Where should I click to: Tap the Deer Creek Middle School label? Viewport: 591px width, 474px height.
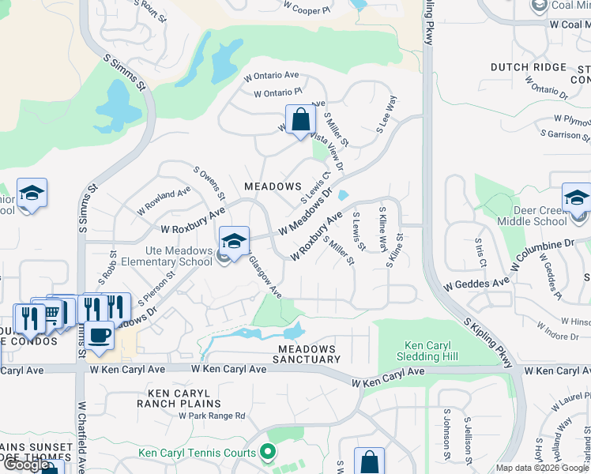pyautogui.click(x=533, y=216)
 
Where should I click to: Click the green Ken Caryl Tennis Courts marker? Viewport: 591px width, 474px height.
pyautogui.click(x=268, y=452)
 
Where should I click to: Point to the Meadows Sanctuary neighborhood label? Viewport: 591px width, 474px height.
pyautogui.click(x=306, y=354)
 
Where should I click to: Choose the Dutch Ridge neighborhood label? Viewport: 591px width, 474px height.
pyautogui.click(x=529, y=68)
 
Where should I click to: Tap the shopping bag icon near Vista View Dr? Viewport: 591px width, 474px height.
pyautogui.click(x=301, y=122)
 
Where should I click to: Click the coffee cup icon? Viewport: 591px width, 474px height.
pyautogui.click(x=100, y=335)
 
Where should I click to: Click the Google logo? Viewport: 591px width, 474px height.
pyautogui.click(x=27, y=465)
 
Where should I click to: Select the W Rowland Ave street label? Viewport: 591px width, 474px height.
pyautogui.click(x=164, y=201)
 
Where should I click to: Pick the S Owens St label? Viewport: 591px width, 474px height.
pyautogui.click(x=209, y=182)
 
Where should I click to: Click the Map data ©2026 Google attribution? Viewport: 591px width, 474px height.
pyautogui.click(x=542, y=468)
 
